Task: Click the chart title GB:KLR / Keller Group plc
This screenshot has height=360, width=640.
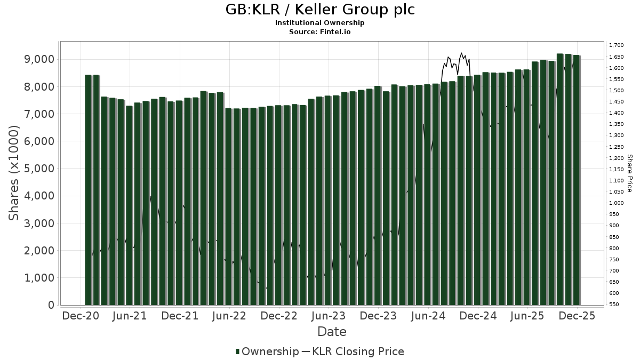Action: [320, 10]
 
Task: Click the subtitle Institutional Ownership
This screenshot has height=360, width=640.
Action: [320, 23]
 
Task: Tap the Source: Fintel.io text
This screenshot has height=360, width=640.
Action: [320, 31]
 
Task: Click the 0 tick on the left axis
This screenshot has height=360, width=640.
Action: [51, 305]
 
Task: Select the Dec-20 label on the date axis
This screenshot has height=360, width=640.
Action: [81, 316]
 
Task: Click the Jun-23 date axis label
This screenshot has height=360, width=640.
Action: [328, 316]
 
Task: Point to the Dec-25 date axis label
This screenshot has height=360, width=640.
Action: [576, 316]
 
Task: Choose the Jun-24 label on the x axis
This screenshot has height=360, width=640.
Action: [427, 316]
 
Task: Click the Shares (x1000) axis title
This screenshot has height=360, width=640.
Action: [14, 173]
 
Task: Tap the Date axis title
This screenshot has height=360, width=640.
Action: [332, 332]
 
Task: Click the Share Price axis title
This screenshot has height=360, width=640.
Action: [629, 173]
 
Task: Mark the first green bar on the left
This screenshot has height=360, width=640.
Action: [88, 190]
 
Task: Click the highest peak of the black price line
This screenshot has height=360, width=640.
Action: [461, 53]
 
